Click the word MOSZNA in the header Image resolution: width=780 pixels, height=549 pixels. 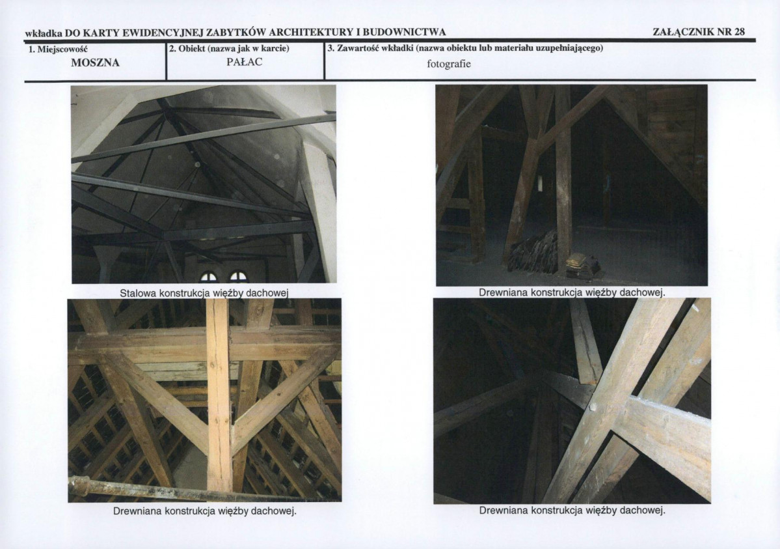pyautogui.click(x=95, y=63)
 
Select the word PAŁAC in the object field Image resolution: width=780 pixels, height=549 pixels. pyautogui.click(x=244, y=63)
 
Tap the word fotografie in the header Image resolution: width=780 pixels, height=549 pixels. pyautogui.click(x=449, y=64)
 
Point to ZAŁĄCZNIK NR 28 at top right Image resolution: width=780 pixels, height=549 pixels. pyautogui.click(x=699, y=32)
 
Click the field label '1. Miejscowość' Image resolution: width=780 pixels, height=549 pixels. pyautogui.click(x=58, y=49)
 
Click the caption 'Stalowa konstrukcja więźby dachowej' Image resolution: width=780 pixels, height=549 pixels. pyautogui.click(x=204, y=293)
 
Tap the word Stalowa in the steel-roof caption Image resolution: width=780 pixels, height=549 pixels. pyautogui.click(x=138, y=293)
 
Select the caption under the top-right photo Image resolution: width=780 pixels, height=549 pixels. pyautogui.click(x=572, y=292)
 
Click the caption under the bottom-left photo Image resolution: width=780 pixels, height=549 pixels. pyautogui.click(x=204, y=511)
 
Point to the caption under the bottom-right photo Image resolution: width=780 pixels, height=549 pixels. pyautogui.click(x=572, y=511)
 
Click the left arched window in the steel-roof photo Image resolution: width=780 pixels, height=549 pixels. pyautogui.click(x=208, y=277)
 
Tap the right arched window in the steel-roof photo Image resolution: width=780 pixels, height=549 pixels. pyautogui.click(x=238, y=277)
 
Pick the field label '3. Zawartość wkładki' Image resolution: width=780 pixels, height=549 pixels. pyautogui.click(x=373, y=49)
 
